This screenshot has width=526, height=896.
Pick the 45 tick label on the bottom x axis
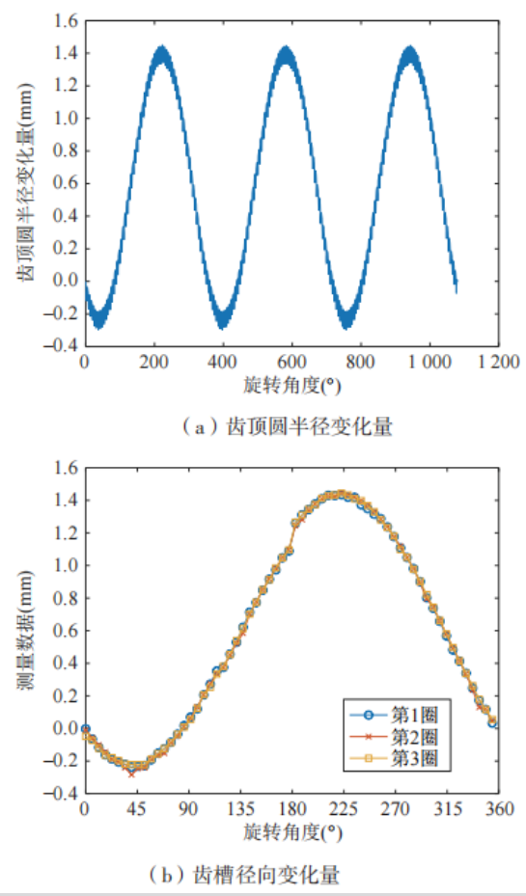pos(137,810)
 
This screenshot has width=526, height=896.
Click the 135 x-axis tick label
pos(240,810)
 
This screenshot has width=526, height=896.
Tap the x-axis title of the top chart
pos(292,386)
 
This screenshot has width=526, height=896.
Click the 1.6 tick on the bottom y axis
pos(68,468)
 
